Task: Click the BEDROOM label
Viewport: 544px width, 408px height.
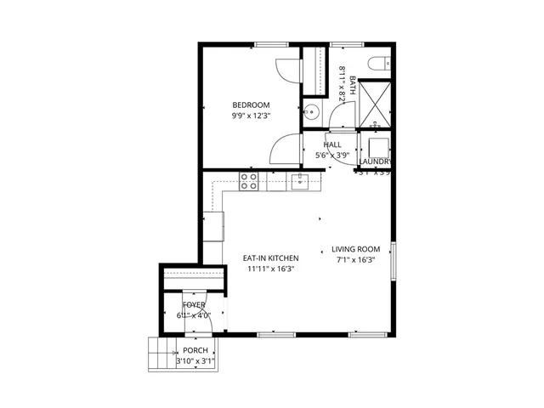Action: (251, 105)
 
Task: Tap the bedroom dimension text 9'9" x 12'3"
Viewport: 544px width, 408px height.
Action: (251, 116)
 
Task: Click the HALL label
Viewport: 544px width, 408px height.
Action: (332, 144)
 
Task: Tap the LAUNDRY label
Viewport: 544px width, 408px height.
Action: (375, 161)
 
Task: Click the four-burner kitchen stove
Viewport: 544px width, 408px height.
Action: (250, 181)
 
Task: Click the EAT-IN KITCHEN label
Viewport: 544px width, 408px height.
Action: (270, 258)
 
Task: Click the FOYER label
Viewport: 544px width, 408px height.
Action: (195, 304)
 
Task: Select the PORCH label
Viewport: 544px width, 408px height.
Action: (195, 350)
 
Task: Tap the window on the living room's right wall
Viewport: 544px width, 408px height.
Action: (394, 259)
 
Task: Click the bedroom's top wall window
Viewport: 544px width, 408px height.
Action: (269, 44)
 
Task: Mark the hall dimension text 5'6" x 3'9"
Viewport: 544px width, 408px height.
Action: (332, 156)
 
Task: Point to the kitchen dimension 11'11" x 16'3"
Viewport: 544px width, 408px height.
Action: (270, 269)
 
